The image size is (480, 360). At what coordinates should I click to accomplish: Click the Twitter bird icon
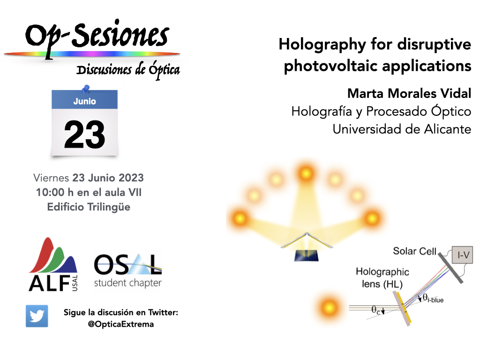[37, 315]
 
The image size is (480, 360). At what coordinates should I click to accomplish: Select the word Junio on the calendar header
[84, 101]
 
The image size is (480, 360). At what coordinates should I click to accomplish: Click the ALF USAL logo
[53, 264]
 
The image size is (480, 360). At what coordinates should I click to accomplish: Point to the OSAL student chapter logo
[127, 270]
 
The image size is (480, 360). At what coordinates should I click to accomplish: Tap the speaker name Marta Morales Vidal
[409, 93]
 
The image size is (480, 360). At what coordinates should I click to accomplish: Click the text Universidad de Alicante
[402, 129]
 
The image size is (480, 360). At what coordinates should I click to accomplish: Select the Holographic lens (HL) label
[382, 277]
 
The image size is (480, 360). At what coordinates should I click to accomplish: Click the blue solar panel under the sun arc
[307, 255]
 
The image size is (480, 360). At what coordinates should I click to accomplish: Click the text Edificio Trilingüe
[89, 207]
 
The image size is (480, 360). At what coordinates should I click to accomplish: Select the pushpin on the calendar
[85, 88]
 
